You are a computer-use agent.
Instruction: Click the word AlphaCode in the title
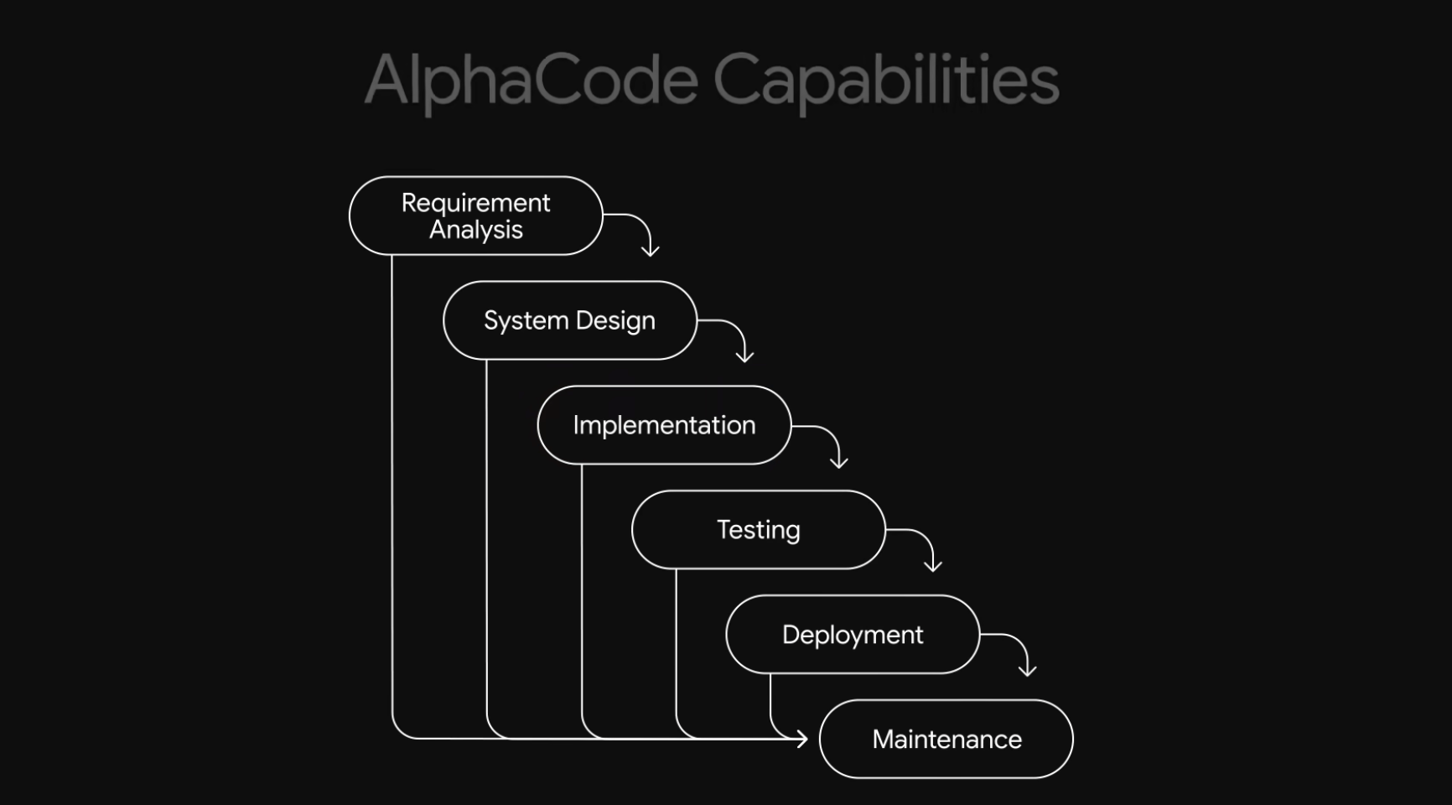tap(531, 80)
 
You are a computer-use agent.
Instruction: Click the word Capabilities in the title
tap(885, 80)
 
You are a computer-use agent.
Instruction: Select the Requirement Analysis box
tap(475, 216)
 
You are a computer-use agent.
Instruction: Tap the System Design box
tap(569, 320)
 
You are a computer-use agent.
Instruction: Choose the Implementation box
tap(664, 425)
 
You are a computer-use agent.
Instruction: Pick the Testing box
tap(758, 530)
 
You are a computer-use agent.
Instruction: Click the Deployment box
tap(853, 635)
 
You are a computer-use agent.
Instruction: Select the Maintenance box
tap(946, 740)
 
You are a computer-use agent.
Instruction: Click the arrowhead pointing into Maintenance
tap(801, 739)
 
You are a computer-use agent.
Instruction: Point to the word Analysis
tap(476, 230)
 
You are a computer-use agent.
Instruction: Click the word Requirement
tap(475, 203)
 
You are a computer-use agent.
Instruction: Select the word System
tap(526, 320)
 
